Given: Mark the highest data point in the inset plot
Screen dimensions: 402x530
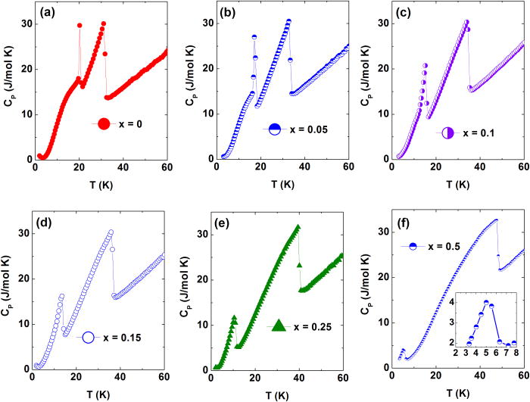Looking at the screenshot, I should coord(486,302).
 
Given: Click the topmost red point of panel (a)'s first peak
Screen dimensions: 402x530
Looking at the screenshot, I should coord(79,25).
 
